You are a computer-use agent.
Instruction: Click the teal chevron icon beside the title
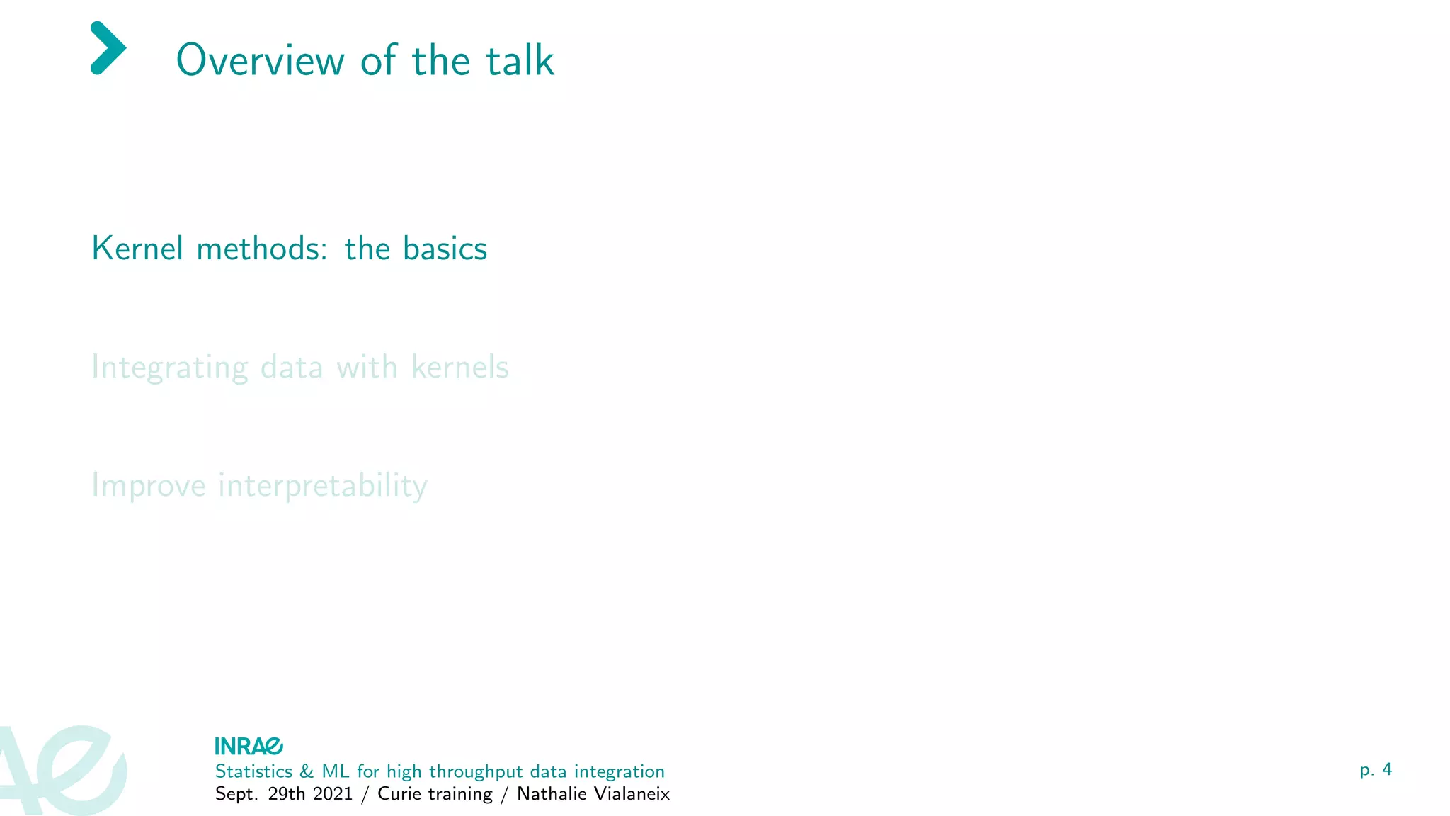pos(108,48)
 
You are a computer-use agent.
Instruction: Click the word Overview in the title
pos(260,60)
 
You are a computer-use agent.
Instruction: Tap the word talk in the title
pos(519,60)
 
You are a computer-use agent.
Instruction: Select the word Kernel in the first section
pos(137,249)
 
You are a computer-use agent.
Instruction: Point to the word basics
pos(445,249)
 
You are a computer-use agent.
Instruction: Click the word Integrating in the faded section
pos(170,368)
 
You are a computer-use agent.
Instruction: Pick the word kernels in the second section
pos(460,367)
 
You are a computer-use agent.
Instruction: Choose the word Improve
pos(149,486)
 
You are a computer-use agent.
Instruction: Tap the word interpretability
pos(323,486)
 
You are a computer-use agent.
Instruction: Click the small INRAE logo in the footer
pos(249,746)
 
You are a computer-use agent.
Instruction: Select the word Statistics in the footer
pos(253,771)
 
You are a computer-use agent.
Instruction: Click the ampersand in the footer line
pos(307,771)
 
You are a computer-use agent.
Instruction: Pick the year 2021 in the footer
pos(333,794)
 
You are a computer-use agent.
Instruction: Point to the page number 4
pos(1386,769)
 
